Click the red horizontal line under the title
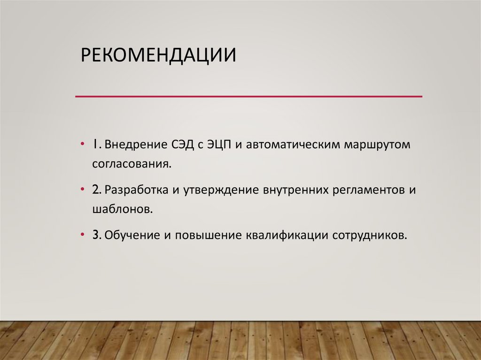click(x=249, y=96)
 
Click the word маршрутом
click(x=377, y=145)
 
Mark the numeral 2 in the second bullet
click(x=95, y=190)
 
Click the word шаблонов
click(x=123, y=209)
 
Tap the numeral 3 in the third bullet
click(x=95, y=234)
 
